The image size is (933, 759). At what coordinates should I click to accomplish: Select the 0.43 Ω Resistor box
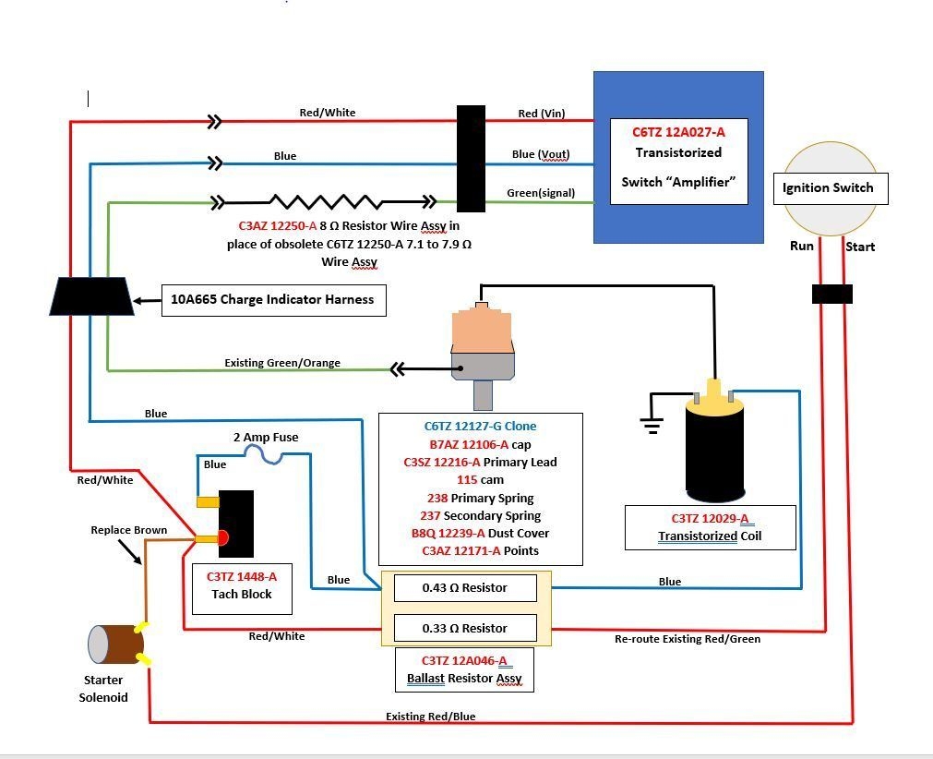coord(465,588)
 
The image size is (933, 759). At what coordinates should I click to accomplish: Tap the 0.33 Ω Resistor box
coord(465,629)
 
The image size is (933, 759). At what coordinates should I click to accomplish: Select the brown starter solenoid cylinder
coord(116,645)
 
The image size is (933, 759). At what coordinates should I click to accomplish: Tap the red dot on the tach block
coord(222,538)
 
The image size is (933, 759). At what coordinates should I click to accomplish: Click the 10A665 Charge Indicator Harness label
coord(273,300)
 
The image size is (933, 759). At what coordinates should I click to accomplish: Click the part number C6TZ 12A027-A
coord(679,132)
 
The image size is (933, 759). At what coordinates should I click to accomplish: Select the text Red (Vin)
coord(541,114)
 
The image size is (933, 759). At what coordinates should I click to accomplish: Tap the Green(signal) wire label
coord(541,193)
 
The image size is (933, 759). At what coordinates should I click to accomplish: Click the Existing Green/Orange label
coord(282,363)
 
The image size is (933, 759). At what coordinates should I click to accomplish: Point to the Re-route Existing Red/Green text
coord(688,639)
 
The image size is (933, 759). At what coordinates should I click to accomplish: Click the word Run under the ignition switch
coord(801,247)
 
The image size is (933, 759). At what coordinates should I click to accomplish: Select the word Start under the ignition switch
coord(859,247)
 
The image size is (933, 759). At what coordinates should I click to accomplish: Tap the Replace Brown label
coord(129,530)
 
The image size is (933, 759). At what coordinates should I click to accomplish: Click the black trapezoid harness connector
coord(91,296)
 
